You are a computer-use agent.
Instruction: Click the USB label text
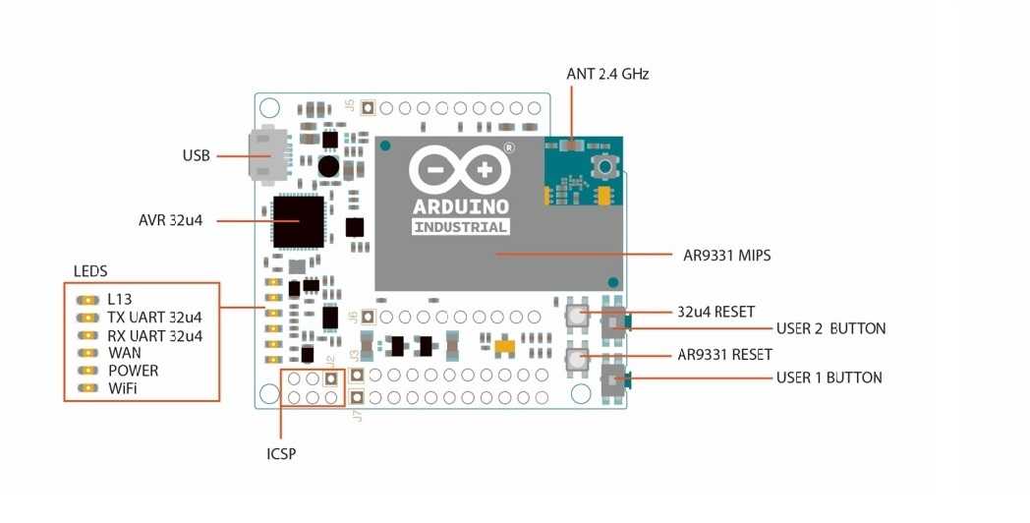point(196,155)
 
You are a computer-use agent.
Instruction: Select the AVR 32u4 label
point(170,219)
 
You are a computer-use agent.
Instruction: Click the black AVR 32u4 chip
point(299,221)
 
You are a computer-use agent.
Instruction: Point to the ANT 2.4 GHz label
point(607,74)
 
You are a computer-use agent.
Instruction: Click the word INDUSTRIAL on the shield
point(460,227)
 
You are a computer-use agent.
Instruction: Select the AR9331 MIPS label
point(726,255)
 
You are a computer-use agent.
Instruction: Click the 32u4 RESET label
point(715,312)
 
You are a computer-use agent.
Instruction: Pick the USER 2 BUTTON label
point(830,328)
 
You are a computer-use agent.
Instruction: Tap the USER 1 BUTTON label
point(829,378)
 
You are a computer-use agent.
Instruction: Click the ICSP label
point(280,453)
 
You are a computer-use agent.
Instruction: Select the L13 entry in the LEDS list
point(119,299)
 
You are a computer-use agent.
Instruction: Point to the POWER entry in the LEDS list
point(133,371)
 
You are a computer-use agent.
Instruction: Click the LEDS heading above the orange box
point(90,270)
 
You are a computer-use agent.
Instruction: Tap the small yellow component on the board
point(506,346)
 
